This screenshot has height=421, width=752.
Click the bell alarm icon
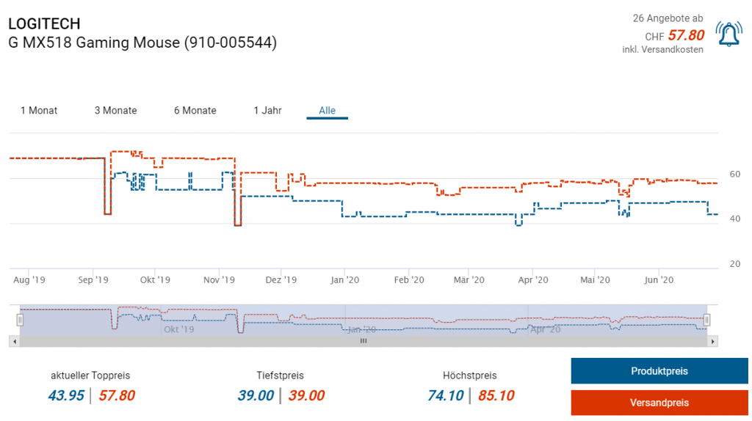[728, 34]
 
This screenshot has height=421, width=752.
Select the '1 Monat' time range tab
[39, 111]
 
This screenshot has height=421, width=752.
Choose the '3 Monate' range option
[115, 111]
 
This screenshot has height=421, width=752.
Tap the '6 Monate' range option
[195, 111]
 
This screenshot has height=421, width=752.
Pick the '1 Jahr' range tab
[267, 111]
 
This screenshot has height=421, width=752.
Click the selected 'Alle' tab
[327, 111]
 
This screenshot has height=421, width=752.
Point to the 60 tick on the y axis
[734, 174]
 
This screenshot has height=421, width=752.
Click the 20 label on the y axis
[734, 264]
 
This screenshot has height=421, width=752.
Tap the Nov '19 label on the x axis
[218, 280]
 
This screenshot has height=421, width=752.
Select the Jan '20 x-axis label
[344, 280]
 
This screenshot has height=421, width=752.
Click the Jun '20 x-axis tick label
[659, 280]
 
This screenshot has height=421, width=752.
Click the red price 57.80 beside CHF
[686, 35]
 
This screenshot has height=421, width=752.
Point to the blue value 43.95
[66, 396]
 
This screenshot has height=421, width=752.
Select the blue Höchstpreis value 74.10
[446, 396]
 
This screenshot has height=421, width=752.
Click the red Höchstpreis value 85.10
[496, 396]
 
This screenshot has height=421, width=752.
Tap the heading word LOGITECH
[44, 24]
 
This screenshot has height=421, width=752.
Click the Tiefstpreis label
[280, 376]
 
